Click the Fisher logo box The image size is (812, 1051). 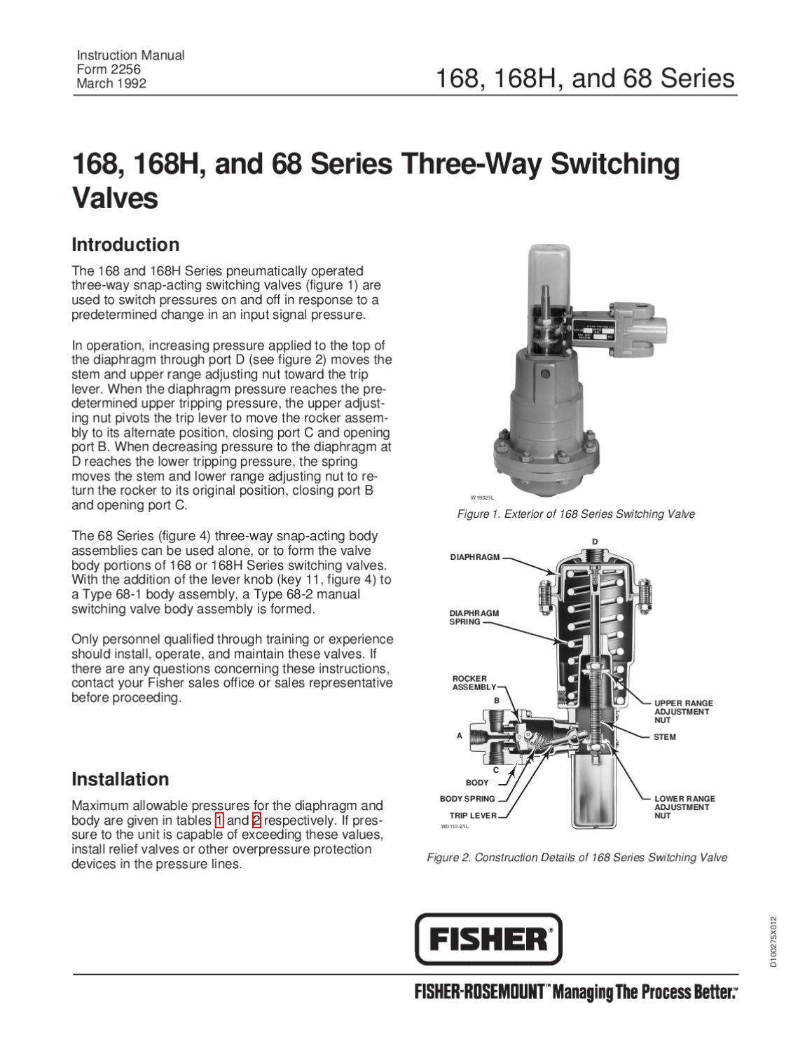(x=488, y=939)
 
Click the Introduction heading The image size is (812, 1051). (x=126, y=245)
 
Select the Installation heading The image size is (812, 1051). (x=121, y=779)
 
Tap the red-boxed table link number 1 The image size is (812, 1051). (x=220, y=820)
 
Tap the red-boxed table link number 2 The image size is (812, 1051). (x=256, y=820)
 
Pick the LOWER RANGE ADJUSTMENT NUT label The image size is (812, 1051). (x=684, y=807)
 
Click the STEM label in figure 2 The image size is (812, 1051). (x=664, y=737)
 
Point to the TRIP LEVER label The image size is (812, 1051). (x=473, y=816)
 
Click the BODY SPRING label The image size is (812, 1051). (x=467, y=799)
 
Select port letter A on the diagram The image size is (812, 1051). (x=460, y=736)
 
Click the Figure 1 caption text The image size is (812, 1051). (x=575, y=514)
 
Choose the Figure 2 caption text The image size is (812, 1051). (x=577, y=857)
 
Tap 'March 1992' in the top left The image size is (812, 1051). (x=111, y=83)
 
